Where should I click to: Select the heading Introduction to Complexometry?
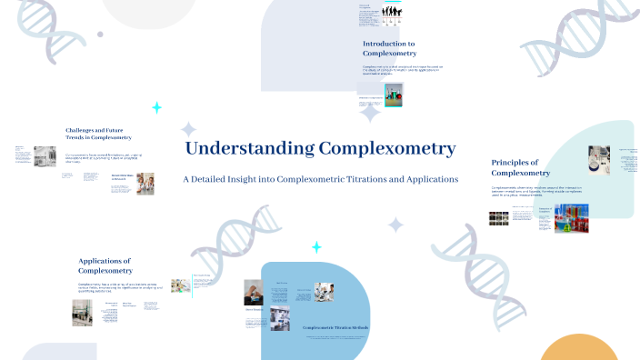389,48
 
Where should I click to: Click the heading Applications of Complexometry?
105,265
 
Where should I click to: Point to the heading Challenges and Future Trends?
98,134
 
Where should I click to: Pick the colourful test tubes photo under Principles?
572,217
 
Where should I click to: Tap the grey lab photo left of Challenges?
45,155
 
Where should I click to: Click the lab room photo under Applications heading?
83,312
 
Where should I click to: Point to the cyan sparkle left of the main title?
156,107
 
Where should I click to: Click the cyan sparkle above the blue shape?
316,247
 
